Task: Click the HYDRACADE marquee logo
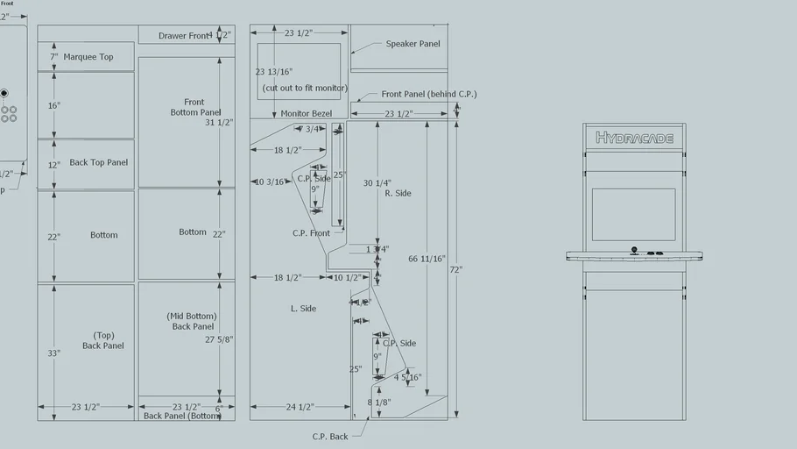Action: [x=634, y=138]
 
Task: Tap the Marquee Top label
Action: [x=88, y=57]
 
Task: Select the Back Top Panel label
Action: [x=99, y=162]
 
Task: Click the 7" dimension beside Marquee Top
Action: [x=54, y=57]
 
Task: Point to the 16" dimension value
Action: [x=54, y=105]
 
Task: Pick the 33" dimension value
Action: [x=54, y=353]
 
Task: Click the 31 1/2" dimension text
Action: [x=219, y=123]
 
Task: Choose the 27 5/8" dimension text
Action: [x=219, y=339]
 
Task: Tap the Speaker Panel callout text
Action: [x=413, y=44]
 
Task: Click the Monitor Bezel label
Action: [x=306, y=114]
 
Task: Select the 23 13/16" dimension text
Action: [x=273, y=72]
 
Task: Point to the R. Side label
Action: [x=398, y=193]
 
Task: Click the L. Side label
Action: [x=303, y=309]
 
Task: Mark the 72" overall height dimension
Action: [x=456, y=269]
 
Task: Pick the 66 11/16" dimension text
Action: [x=427, y=260]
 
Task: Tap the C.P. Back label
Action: [x=330, y=436]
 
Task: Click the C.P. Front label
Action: [x=311, y=233]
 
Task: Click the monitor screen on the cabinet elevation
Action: [x=633, y=214]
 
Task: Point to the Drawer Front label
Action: [x=184, y=36]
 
